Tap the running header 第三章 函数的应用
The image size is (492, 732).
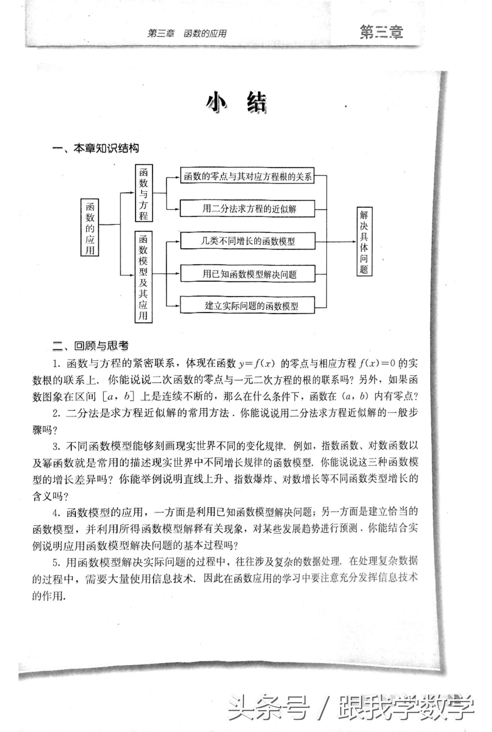click(187, 34)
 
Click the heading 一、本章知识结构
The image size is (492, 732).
click(96, 148)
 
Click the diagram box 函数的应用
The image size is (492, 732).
click(90, 227)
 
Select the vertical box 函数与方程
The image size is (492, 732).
click(144, 193)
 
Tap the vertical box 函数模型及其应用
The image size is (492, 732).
click(143, 277)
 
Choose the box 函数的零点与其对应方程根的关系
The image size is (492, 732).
click(247, 176)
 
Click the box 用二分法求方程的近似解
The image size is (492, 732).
click(247, 208)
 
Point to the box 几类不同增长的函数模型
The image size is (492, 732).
click(247, 241)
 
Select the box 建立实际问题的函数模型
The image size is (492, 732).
click(247, 306)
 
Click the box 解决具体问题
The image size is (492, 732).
click(364, 241)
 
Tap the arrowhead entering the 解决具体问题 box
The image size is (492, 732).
click(354, 242)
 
